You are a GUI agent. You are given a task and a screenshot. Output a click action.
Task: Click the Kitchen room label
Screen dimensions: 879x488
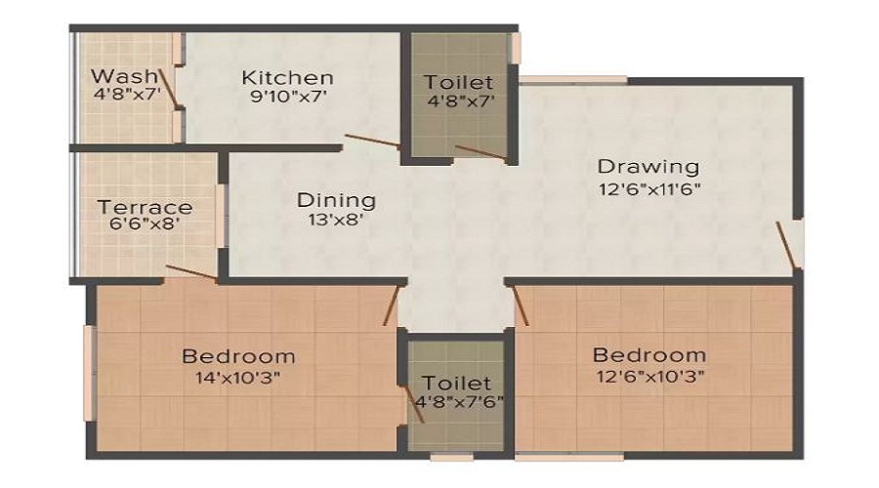[x=287, y=77]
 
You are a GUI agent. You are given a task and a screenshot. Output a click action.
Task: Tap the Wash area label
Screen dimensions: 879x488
[x=124, y=75]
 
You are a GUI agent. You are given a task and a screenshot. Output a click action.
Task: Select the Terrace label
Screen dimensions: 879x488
[x=146, y=207]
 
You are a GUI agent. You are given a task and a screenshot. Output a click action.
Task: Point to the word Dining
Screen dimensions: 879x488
[x=336, y=200]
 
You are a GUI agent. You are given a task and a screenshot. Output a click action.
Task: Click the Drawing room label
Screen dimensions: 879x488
[x=649, y=166]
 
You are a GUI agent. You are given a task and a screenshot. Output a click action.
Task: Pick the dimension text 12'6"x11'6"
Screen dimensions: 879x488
[x=649, y=189]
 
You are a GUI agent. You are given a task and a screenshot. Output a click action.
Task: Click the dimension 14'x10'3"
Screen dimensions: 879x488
[x=237, y=378]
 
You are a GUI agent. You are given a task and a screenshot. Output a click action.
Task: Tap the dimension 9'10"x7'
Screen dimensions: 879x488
[x=288, y=97]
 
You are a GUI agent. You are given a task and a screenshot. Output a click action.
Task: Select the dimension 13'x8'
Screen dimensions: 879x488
[x=336, y=219]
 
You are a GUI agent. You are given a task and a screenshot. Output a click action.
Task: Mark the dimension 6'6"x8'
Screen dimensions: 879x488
[x=145, y=224]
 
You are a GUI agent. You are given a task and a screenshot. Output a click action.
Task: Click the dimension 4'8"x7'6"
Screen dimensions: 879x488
[x=460, y=402]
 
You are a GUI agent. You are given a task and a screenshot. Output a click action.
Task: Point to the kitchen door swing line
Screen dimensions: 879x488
[x=373, y=142]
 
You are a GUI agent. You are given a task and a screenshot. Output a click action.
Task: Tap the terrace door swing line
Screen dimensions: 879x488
[x=191, y=272]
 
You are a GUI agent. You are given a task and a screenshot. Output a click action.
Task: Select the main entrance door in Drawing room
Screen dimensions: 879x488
[x=786, y=245]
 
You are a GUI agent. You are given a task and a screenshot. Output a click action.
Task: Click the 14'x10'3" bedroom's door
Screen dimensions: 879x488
[x=392, y=305]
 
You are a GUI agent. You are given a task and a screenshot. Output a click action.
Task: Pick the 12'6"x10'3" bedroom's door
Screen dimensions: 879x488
[x=521, y=305]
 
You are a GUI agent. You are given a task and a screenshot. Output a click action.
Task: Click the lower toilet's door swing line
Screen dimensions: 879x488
[x=414, y=403]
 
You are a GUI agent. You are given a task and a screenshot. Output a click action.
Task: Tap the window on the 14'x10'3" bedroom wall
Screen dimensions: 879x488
[x=89, y=373]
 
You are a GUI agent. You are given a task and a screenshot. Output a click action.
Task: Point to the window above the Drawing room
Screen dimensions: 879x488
[x=573, y=80]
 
